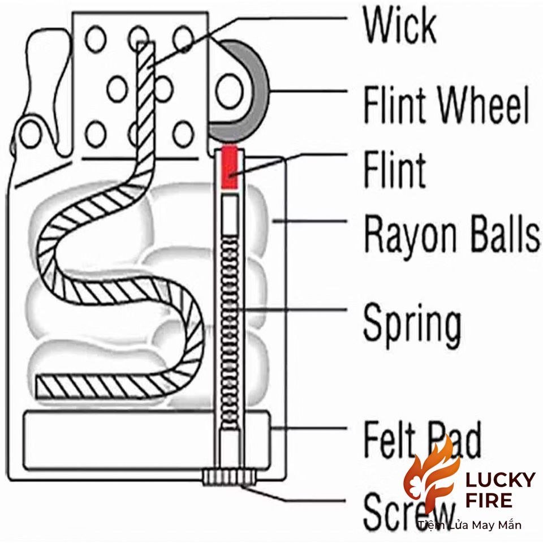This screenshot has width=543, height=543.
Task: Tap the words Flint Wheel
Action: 446,105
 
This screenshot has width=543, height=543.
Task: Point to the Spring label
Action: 412,324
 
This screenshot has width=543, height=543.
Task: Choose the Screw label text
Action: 408,512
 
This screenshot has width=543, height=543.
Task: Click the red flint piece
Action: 229,167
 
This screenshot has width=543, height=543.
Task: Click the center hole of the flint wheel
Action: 229,90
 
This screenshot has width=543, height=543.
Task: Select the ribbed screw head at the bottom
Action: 229,477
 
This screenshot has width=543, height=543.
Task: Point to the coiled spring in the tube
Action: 230,333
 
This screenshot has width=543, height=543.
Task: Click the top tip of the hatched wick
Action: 146,43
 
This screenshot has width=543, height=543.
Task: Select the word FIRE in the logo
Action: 489,500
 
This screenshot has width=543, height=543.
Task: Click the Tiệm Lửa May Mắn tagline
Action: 469,525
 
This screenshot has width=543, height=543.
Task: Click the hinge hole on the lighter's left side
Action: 31,133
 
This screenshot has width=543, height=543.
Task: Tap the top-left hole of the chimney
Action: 96,39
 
